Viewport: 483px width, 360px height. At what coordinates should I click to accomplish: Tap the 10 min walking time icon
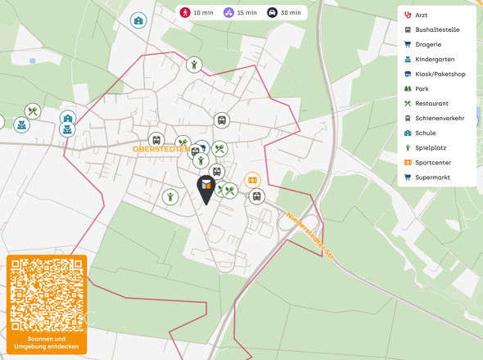click(x=186, y=12)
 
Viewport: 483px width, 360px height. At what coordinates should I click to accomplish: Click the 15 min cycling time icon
click(x=228, y=12)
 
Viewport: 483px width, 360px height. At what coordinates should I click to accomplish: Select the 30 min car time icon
click(x=272, y=12)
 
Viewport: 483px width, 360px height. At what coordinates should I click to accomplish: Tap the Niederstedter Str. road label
click(x=311, y=235)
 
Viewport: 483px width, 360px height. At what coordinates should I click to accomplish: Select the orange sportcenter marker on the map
click(x=253, y=179)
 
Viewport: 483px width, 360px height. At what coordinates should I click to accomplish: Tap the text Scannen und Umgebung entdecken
click(x=47, y=342)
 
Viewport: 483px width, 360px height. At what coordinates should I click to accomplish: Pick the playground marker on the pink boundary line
click(x=193, y=64)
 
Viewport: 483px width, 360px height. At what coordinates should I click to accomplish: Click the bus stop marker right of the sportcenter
click(x=256, y=196)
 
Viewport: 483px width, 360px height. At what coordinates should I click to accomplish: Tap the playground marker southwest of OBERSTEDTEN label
click(x=169, y=196)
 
